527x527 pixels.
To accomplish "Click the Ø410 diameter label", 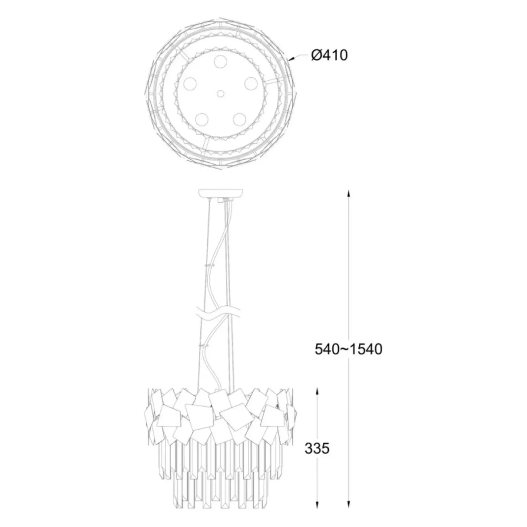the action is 329,55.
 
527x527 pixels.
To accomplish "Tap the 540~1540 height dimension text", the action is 348,349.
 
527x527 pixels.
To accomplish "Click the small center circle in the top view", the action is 220,94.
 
